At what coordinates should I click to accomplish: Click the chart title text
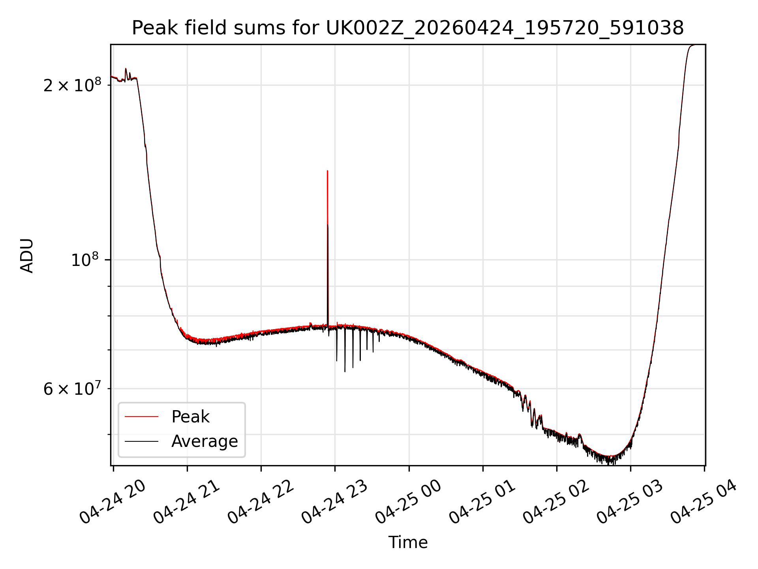click(x=407, y=28)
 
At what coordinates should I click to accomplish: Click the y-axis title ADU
click(x=27, y=255)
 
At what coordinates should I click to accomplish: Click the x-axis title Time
click(x=408, y=542)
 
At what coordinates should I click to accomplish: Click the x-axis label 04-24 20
click(x=113, y=501)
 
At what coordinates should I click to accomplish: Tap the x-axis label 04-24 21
click(x=186, y=501)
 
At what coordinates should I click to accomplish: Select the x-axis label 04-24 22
click(x=261, y=501)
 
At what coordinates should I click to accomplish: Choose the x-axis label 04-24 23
click(x=334, y=501)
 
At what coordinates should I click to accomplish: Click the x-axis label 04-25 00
click(x=408, y=501)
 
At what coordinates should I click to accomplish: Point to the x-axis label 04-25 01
click(x=482, y=501)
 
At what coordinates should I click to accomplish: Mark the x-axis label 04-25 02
click(x=556, y=501)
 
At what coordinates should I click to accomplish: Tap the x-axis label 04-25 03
click(x=630, y=501)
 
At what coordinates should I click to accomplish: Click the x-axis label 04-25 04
click(x=704, y=501)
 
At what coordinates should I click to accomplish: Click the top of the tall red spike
click(x=327, y=171)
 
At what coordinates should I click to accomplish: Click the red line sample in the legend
click(x=141, y=416)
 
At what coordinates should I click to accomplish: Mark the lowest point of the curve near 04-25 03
click(x=610, y=464)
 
